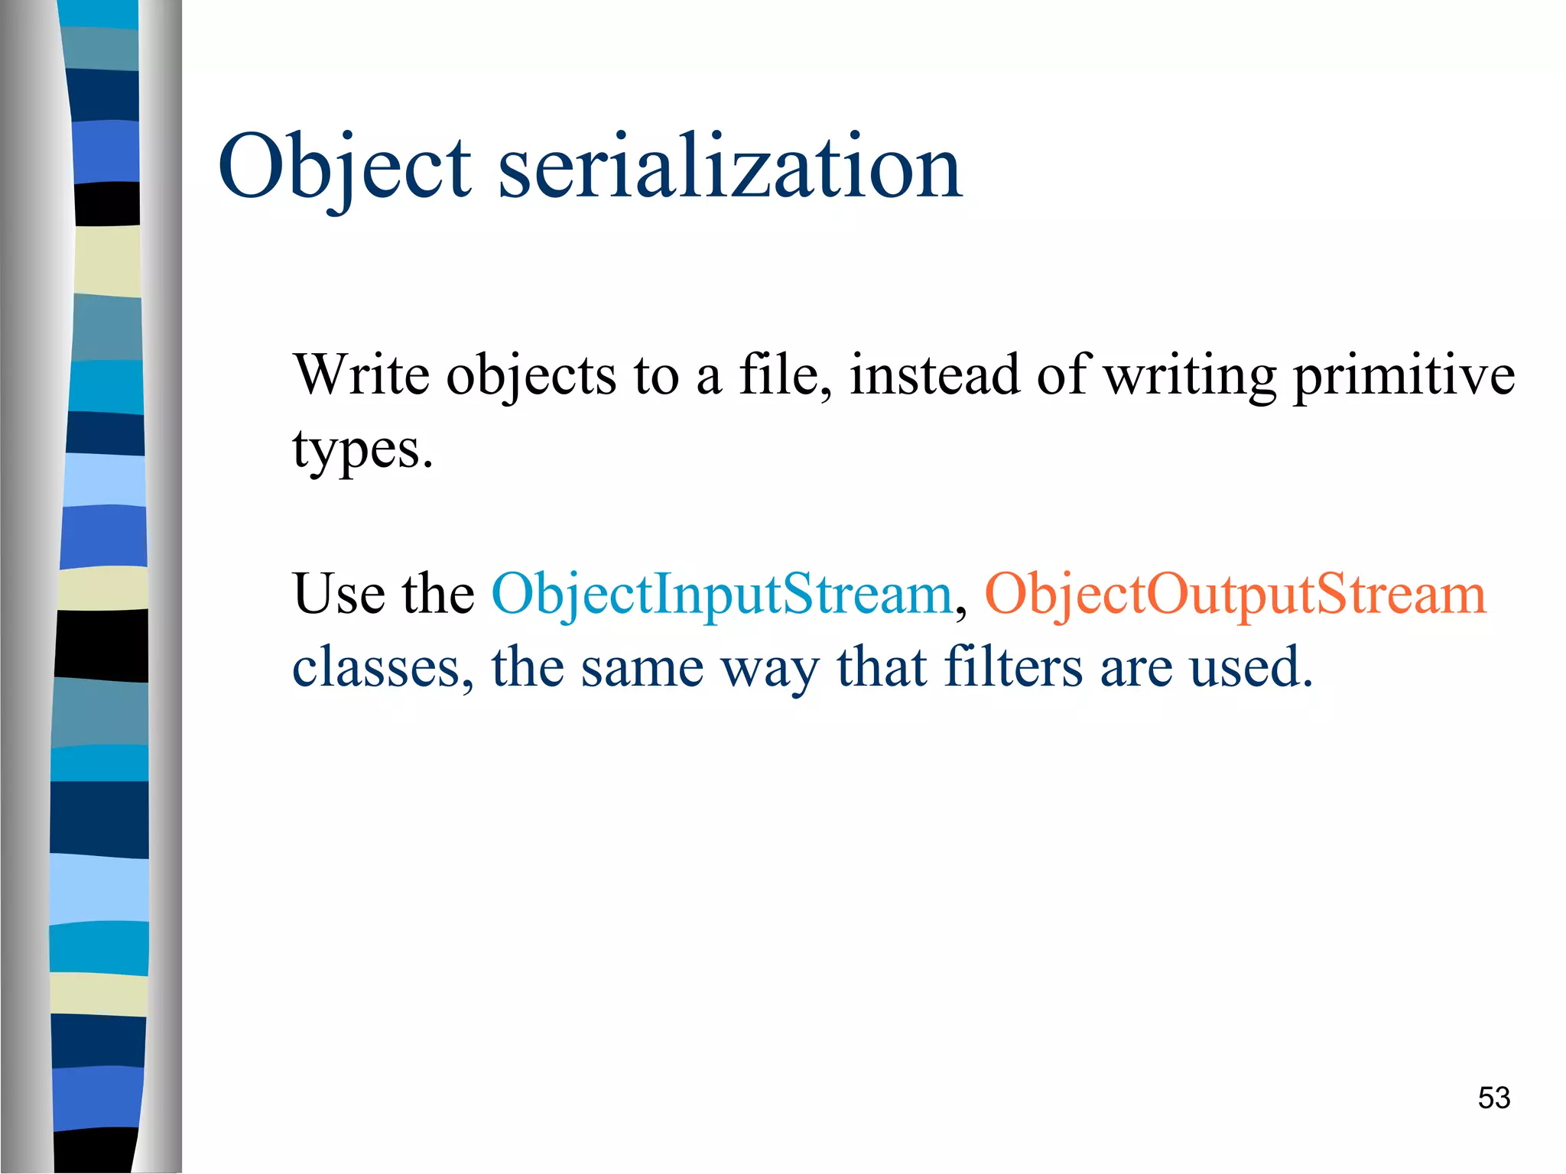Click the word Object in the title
coord(344,167)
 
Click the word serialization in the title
coord(730,167)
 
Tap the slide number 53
coord(1493,1098)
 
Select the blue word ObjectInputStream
coord(721,595)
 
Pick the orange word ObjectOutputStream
coord(1235,595)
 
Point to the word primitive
coord(1403,376)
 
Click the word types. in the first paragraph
coord(362,449)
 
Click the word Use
coord(339,595)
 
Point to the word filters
coord(1013,667)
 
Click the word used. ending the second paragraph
coord(1251,667)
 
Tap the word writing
coord(1191,376)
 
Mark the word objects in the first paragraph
coord(531,376)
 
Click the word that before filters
coord(882,667)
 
